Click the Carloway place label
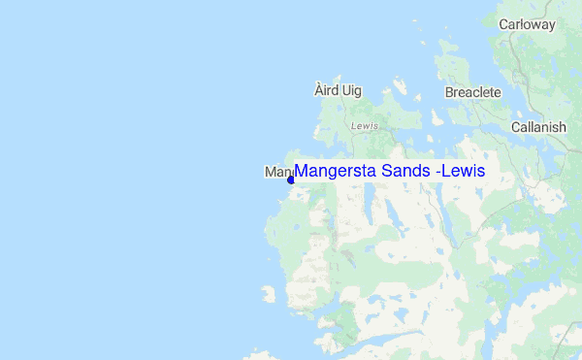(x=527, y=23)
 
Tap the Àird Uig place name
(x=338, y=90)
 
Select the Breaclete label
(x=472, y=92)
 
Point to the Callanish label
(x=538, y=127)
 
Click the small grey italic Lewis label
(x=364, y=126)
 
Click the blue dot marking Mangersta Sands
(x=290, y=180)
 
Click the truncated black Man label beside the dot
(x=275, y=172)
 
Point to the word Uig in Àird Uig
(x=350, y=90)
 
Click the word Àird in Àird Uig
(x=325, y=90)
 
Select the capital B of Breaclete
(x=449, y=92)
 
